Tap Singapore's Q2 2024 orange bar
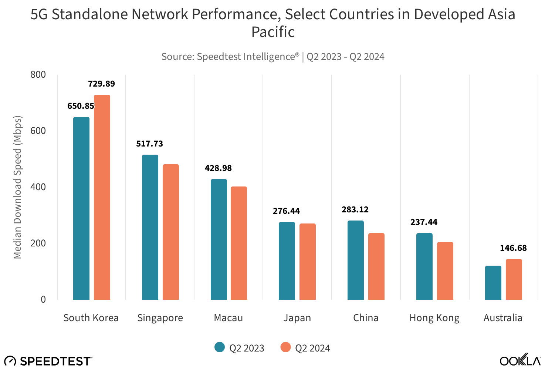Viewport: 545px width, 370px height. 171,232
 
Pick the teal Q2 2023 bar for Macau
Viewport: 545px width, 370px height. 219,239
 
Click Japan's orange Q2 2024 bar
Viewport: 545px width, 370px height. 308,262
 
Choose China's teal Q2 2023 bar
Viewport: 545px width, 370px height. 356,260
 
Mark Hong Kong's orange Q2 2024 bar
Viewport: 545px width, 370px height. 445,271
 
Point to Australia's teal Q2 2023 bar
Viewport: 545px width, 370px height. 493,283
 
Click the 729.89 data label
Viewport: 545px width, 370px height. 101,84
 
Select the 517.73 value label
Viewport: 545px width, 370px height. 149,144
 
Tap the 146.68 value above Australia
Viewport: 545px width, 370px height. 513,248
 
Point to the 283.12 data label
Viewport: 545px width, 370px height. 355,210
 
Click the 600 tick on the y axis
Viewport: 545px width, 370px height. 38,131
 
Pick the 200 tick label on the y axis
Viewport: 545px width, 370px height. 38,243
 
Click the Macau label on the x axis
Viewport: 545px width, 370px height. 229,318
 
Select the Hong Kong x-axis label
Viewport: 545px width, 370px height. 434,318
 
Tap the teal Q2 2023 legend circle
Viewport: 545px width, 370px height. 220,347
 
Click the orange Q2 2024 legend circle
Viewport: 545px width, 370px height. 285,347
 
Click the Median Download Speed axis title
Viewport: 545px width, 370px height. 17,187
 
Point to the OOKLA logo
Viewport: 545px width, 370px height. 520,360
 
